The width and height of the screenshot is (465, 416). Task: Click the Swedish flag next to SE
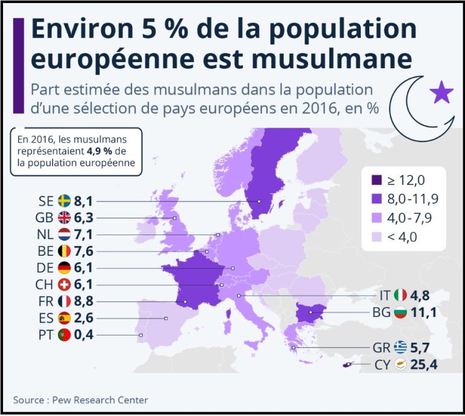[65, 201]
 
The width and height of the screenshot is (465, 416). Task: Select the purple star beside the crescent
[441, 93]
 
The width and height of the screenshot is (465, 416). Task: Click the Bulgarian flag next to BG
[400, 313]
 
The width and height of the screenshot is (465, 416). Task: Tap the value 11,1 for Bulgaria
[424, 313]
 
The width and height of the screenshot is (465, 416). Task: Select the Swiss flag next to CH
[65, 284]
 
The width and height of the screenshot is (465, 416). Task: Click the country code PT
[46, 334]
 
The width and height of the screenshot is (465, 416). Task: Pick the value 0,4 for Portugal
[84, 334]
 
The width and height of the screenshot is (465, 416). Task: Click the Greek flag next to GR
[400, 348]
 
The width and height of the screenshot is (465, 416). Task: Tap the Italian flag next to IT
[400, 296]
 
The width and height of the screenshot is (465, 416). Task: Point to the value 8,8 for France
[84, 301]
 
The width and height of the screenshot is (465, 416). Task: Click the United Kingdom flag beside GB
[65, 218]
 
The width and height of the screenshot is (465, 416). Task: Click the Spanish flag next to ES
[65, 317]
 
